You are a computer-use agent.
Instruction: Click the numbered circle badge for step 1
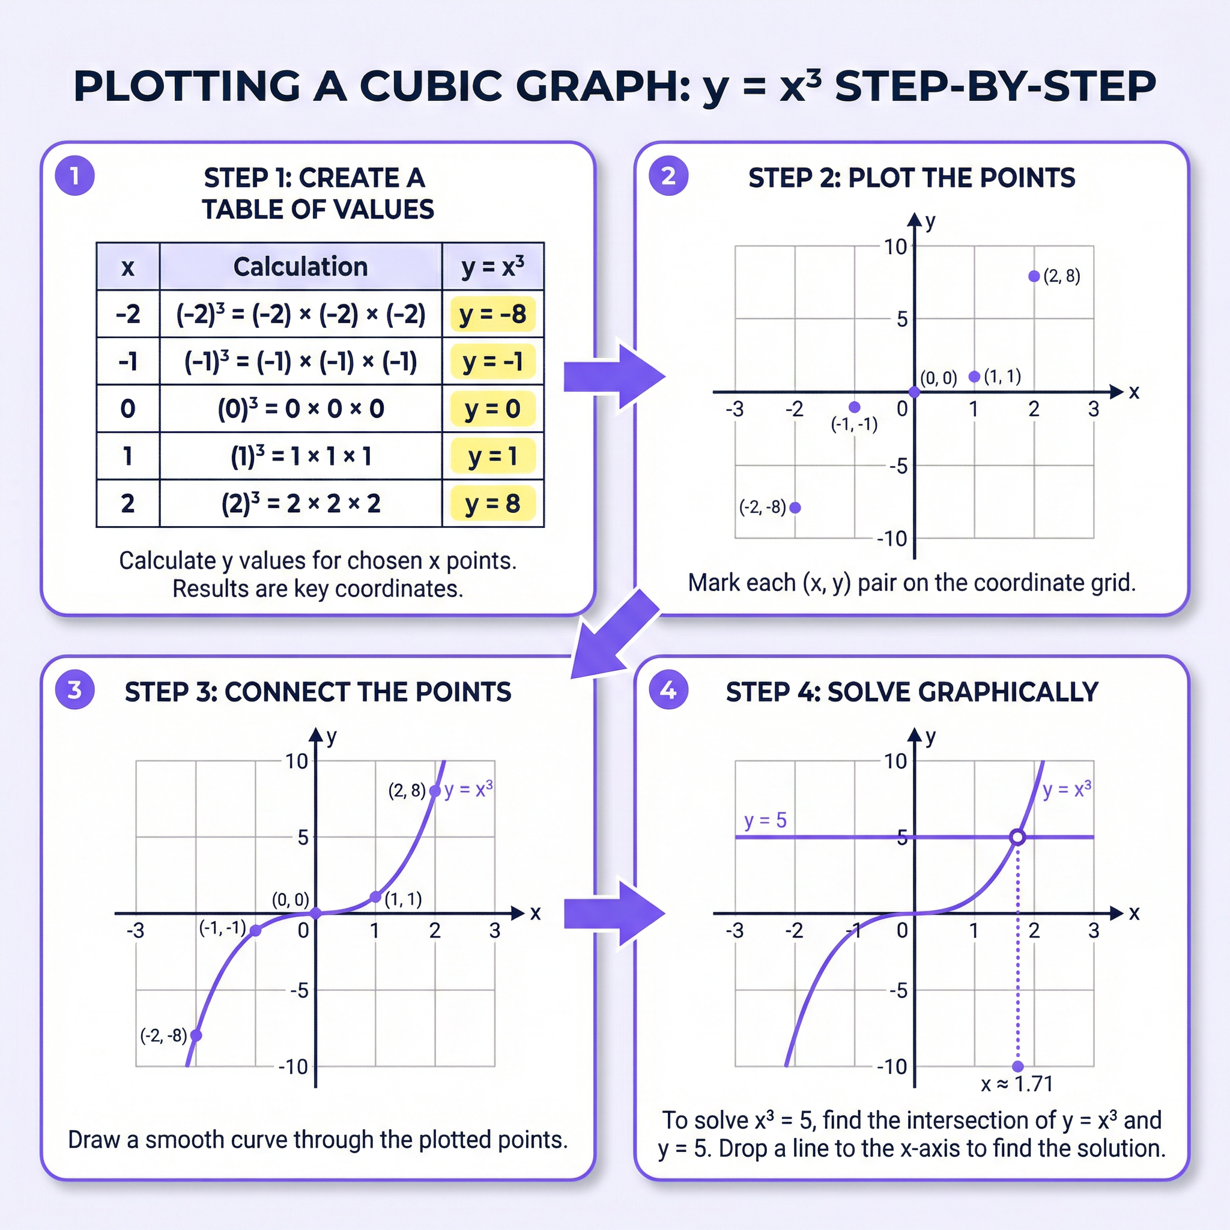74,176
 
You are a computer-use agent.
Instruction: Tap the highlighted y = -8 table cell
492,314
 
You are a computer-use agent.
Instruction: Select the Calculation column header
300,267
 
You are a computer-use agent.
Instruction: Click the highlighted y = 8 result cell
492,503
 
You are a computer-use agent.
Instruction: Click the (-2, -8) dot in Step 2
795,507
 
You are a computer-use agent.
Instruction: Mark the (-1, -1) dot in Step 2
855,407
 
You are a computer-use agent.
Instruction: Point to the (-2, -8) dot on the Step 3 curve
196,1035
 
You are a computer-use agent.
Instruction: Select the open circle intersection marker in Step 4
1017,837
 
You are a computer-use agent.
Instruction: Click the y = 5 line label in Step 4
765,820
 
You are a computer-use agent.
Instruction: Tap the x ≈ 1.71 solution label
1017,1083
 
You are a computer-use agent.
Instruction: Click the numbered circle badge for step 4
668,689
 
